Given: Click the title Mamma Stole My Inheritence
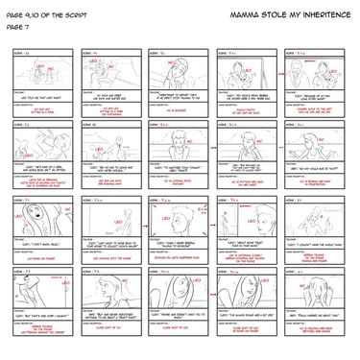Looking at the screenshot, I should coord(287,18).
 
